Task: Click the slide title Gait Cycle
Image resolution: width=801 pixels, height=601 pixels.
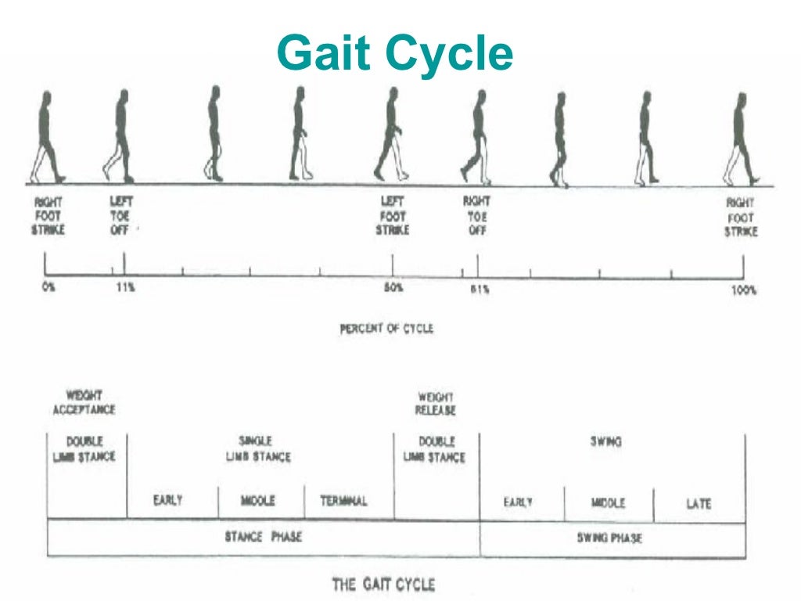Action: point(395,54)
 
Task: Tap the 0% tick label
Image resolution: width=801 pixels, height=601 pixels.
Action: point(48,288)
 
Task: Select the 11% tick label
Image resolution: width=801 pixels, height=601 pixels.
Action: point(124,288)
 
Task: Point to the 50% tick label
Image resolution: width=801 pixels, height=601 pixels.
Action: point(393,288)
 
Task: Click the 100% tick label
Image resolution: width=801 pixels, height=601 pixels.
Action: point(744,290)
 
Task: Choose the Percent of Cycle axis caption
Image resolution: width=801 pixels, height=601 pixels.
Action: point(386,329)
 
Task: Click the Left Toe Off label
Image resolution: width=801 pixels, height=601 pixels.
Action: point(120,216)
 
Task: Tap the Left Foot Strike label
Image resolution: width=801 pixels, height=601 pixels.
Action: point(393,216)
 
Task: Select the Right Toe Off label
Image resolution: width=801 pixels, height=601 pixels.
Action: point(476,216)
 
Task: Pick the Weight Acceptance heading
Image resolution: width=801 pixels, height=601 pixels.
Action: point(84,403)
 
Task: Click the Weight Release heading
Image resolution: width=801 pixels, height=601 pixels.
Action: point(436,404)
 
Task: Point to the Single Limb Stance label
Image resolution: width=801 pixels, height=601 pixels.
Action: point(257,449)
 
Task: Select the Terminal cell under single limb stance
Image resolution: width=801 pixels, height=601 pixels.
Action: point(343,501)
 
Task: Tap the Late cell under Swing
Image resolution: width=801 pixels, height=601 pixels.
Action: point(699,504)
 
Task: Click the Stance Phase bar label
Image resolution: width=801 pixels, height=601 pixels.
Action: point(263,537)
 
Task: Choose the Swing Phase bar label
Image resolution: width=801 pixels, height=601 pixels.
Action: point(609,538)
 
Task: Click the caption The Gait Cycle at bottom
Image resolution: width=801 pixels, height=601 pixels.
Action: point(383,584)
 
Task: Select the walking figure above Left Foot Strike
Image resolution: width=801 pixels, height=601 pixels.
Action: point(392,134)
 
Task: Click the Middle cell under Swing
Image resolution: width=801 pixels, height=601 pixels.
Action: point(608,503)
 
